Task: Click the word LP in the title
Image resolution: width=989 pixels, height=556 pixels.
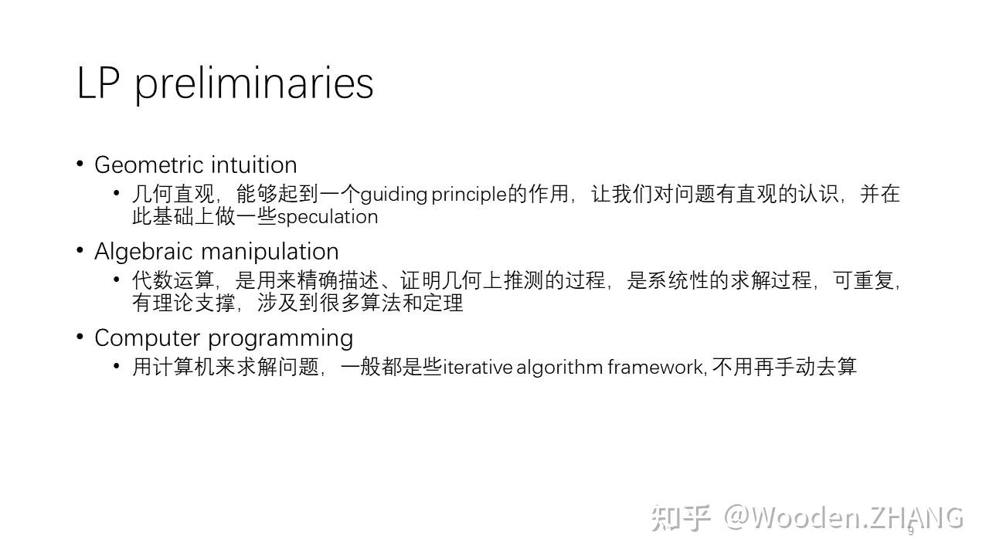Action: [x=97, y=83]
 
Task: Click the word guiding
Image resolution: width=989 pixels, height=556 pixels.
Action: [x=394, y=195]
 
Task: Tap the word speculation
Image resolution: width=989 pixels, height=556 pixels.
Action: [x=328, y=217]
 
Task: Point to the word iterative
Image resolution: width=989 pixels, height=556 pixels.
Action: [x=478, y=368]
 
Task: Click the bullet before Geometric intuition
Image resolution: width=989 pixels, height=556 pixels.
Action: [x=80, y=164]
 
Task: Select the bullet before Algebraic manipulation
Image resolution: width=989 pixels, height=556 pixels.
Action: [x=80, y=250]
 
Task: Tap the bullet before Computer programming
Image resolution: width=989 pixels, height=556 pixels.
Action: [x=80, y=337]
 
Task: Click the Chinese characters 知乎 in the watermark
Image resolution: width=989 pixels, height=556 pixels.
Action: [x=679, y=517]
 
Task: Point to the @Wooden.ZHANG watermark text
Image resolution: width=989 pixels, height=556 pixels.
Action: [x=843, y=517]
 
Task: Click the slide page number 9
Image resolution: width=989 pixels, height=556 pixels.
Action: [x=910, y=531]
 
